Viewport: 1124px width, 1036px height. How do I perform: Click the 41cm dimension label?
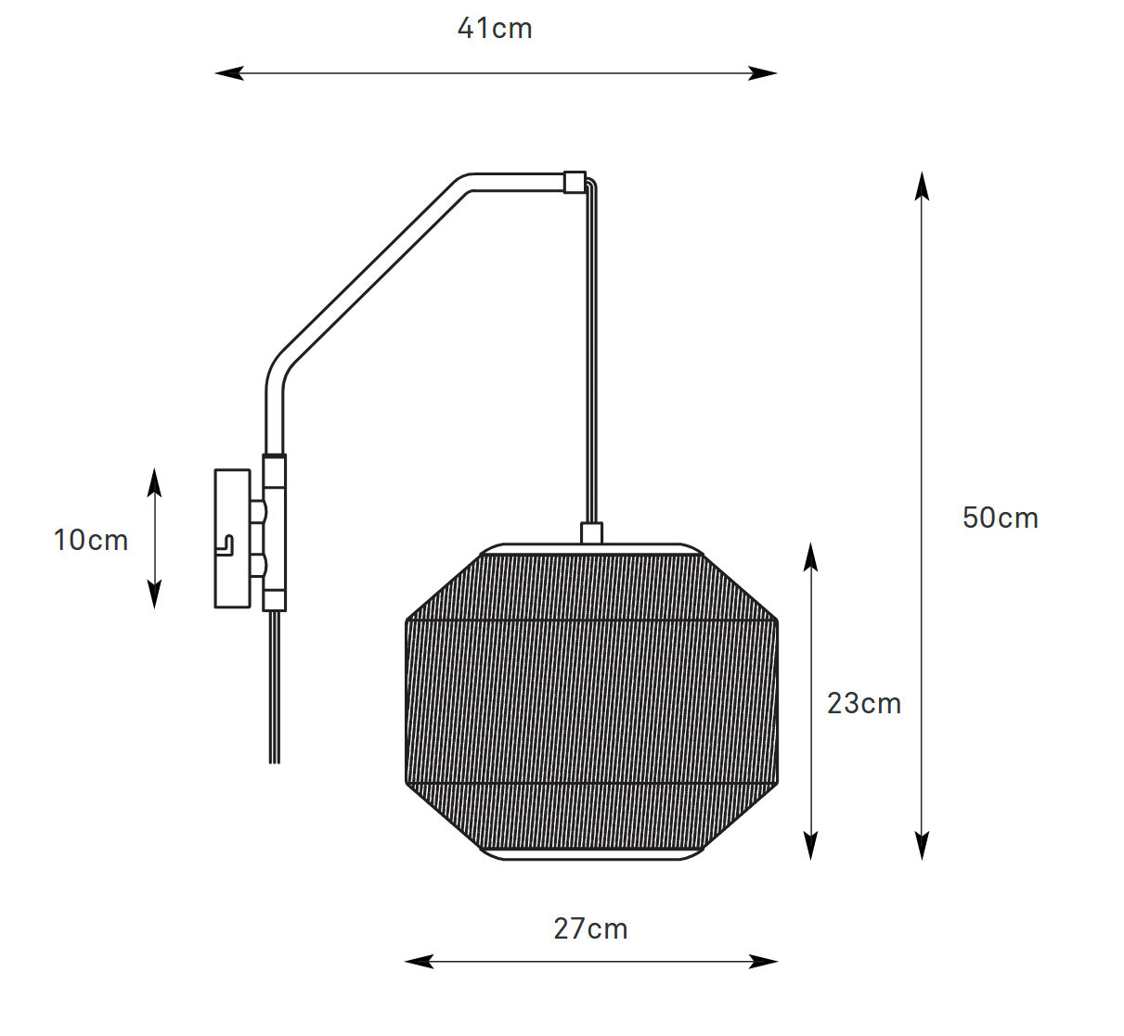click(x=495, y=29)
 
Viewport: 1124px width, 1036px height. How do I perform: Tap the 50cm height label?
click(x=1000, y=518)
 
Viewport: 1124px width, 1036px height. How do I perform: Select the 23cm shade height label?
click(x=864, y=703)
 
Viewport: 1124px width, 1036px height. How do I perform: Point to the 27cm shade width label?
click(x=590, y=928)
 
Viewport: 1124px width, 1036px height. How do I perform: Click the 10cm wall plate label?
click(x=91, y=540)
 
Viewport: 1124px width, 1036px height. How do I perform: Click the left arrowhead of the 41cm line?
click(x=229, y=73)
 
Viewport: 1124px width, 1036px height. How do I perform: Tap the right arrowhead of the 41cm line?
click(x=762, y=73)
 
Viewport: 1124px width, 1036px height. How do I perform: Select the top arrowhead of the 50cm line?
click(x=922, y=185)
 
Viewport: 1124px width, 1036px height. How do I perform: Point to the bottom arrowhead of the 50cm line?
click(x=922, y=846)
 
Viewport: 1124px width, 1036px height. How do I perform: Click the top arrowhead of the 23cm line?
click(x=810, y=556)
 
